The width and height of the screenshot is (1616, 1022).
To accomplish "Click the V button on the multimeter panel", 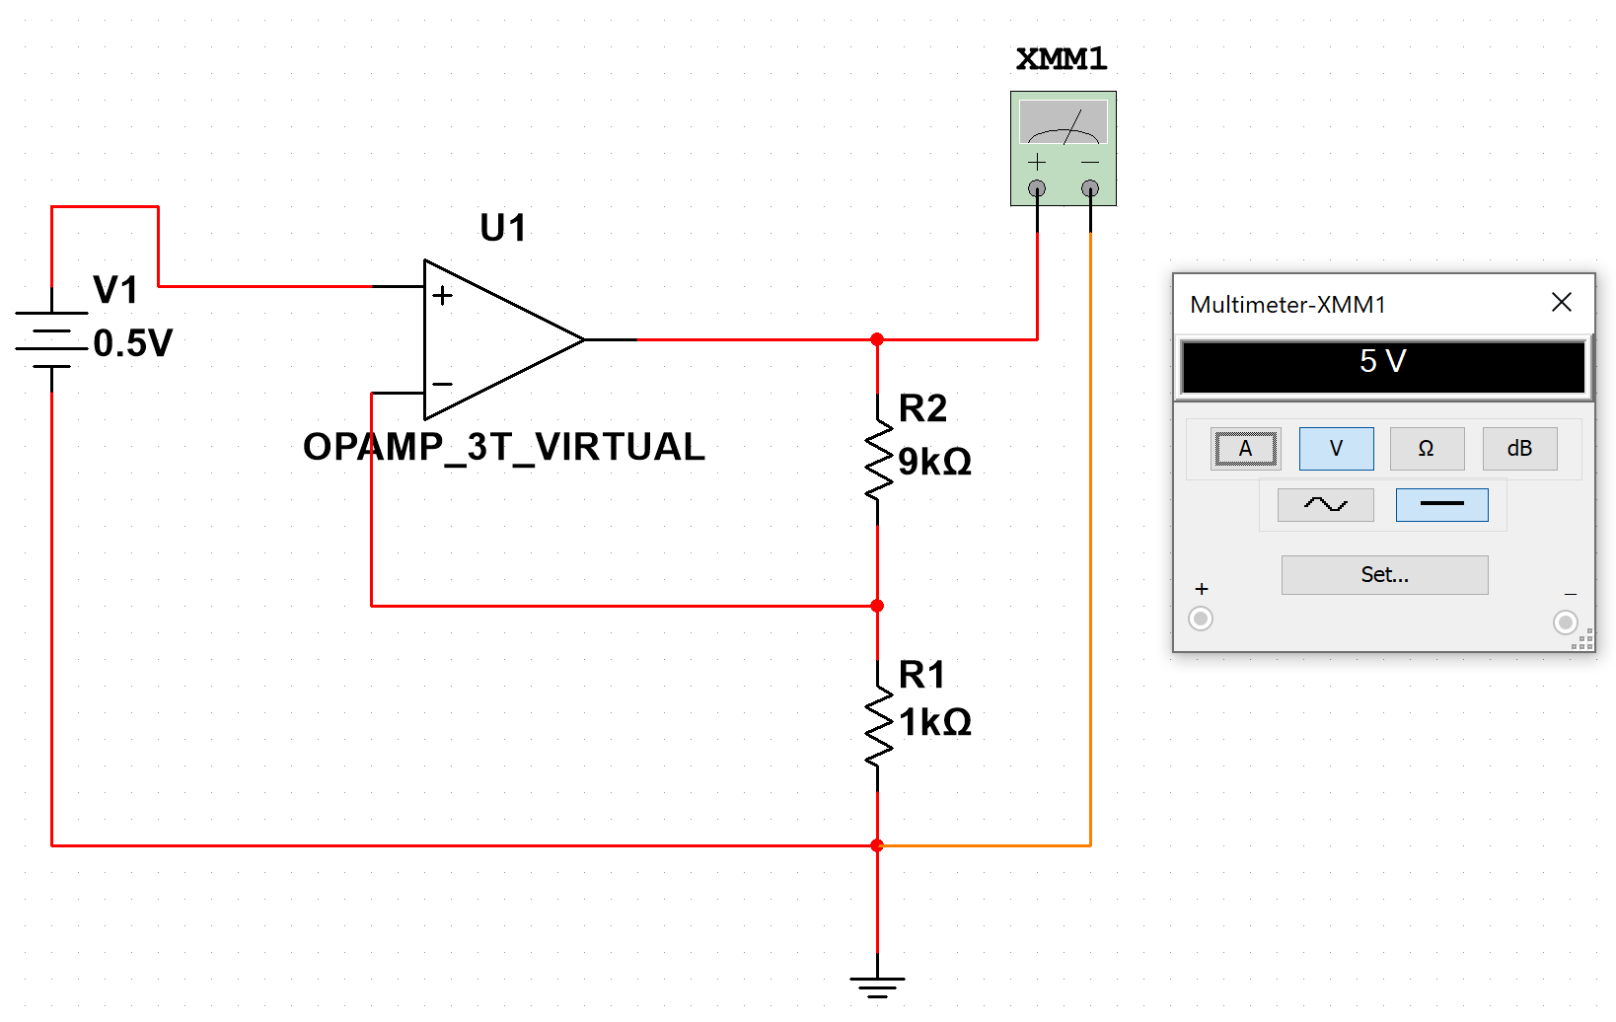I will (1336, 449).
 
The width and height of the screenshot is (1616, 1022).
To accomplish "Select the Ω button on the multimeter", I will (1427, 449).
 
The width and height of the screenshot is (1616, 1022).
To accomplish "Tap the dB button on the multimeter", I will (1519, 449).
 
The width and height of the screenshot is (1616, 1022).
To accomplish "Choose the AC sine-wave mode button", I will (1325, 505).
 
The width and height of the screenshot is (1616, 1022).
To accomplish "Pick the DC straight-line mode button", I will (1441, 505).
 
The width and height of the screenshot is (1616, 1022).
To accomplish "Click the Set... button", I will (1384, 575).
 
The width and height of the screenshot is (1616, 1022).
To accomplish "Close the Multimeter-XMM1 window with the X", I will (1561, 303).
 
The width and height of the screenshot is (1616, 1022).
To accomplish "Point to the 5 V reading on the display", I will (1382, 362).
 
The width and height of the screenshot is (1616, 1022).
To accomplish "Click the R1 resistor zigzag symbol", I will (877, 728).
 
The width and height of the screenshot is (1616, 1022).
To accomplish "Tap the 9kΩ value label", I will (934, 462).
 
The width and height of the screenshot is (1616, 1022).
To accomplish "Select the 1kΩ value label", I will (934, 723).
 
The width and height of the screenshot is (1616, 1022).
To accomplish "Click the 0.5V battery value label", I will (133, 344).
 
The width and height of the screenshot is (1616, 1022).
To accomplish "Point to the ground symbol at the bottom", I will (877, 985).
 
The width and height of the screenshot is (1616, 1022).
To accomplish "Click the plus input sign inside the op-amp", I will (443, 295).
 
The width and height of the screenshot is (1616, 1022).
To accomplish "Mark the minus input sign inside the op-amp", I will (443, 384).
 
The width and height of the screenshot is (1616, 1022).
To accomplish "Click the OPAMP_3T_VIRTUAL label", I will (504, 447).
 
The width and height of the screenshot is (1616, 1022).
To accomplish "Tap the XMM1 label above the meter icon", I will (1062, 59).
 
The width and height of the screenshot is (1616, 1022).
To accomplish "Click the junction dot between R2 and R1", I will (877, 606).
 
